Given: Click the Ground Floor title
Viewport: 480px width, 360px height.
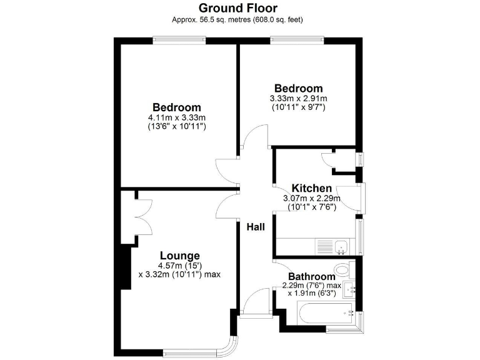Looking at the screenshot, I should (238, 8).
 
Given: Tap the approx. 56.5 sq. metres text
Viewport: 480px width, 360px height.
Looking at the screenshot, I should (238, 19).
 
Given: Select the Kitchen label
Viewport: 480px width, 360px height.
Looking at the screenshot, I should (311, 189).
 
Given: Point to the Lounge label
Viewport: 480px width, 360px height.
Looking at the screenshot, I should (179, 256).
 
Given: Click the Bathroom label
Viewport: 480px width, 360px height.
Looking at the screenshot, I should (311, 277).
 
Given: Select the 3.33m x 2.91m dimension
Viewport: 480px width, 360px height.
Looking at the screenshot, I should (298, 99).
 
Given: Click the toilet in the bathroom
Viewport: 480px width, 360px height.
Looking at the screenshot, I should (343, 269).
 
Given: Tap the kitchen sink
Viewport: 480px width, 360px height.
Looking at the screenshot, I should (341, 246).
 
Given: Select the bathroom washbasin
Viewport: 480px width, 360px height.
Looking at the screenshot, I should (352, 289).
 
